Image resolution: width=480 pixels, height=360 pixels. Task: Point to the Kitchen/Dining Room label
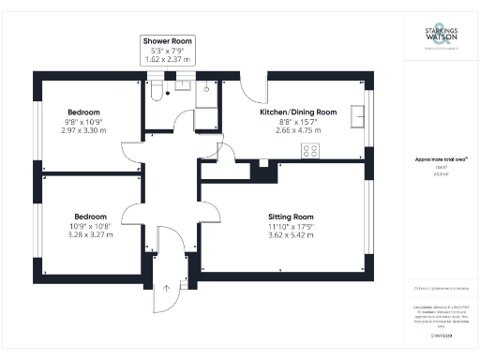point(298,112)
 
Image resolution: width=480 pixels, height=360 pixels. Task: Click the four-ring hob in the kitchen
point(309,150)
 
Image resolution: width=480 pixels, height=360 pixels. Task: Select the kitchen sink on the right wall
point(356,115)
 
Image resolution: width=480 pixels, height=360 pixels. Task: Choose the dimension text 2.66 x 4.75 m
point(298,132)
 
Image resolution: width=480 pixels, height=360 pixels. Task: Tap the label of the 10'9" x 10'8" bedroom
point(92,215)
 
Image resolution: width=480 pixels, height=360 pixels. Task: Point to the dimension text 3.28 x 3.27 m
point(92,235)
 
